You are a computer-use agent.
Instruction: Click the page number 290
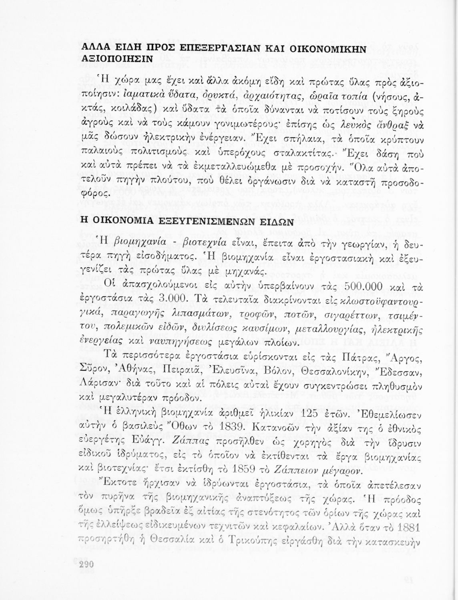coord(86,564)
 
